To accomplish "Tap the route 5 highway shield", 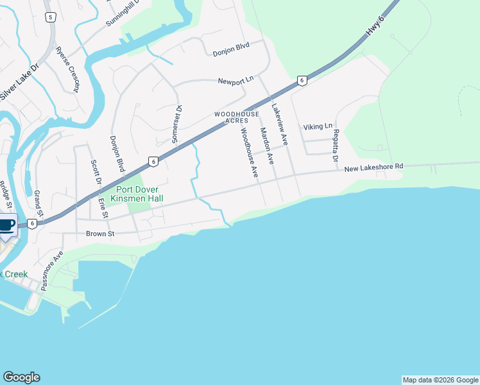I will (x=51, y=17).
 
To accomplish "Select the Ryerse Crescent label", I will (x=67, y=69).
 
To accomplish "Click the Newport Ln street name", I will (x=236, y=81).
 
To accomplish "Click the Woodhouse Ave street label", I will (x=249, y=152).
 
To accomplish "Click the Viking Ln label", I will (x=318, y=126).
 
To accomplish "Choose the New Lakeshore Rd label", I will (x=373, y=167).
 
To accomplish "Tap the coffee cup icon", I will (x=6, y=225).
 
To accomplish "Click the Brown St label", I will (x=100, y=234).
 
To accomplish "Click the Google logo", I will (x=21, y=377).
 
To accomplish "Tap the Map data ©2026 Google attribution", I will (x=440, y=380).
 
